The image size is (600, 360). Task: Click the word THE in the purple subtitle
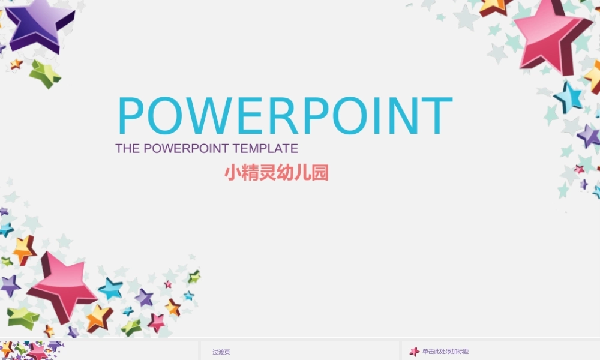[x=127, y=148]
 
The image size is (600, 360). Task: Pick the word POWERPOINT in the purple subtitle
[x=186, y=148]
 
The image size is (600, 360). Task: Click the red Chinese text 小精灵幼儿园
[x=277, y=173]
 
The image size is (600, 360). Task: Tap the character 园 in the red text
[x=320, y=173]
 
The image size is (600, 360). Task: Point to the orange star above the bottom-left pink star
[x=25, y=250]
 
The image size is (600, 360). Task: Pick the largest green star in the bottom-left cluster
[x=23, y=316]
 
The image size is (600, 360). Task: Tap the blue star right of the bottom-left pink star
[x=111, y=289]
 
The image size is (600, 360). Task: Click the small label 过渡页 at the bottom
[x=221, y=352]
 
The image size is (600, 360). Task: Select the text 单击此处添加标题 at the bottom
[x=445, y=352]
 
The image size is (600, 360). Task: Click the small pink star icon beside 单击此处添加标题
[x=414, y=352]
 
